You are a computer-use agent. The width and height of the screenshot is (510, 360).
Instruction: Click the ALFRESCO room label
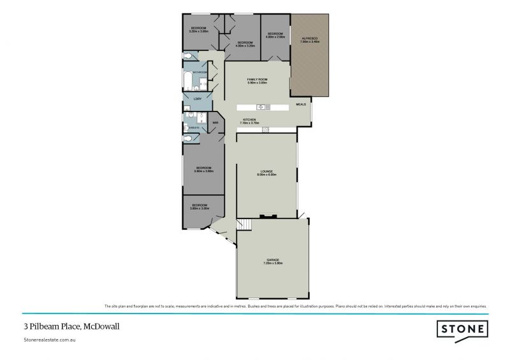point(309,40)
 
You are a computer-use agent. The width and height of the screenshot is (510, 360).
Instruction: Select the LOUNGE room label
point(266,173)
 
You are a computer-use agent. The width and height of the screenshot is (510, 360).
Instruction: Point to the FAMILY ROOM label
point(257,80)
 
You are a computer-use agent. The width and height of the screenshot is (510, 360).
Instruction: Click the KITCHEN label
point(249,120)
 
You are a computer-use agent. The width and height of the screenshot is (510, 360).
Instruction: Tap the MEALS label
point(301,104)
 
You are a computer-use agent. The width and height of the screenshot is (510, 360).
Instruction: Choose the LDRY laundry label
point(189,100)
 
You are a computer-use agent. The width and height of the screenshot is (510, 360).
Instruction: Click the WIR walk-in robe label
point(215,122)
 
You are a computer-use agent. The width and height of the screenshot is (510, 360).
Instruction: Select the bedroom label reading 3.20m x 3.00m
point(199,29)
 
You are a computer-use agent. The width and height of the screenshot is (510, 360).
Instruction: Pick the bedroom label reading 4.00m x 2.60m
point(275,34)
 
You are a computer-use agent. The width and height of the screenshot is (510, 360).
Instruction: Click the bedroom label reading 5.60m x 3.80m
point(203,169)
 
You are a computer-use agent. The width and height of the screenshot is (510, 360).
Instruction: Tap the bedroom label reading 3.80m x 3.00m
point(200,206)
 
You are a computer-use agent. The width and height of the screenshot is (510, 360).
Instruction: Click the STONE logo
point(462,329)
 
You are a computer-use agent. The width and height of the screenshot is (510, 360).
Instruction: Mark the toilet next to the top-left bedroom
point(186,57)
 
